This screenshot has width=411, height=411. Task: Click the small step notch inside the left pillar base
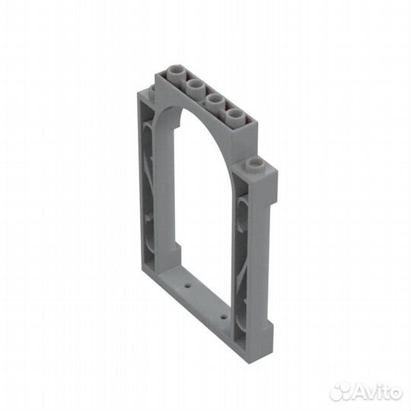click(x=177, y=251)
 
